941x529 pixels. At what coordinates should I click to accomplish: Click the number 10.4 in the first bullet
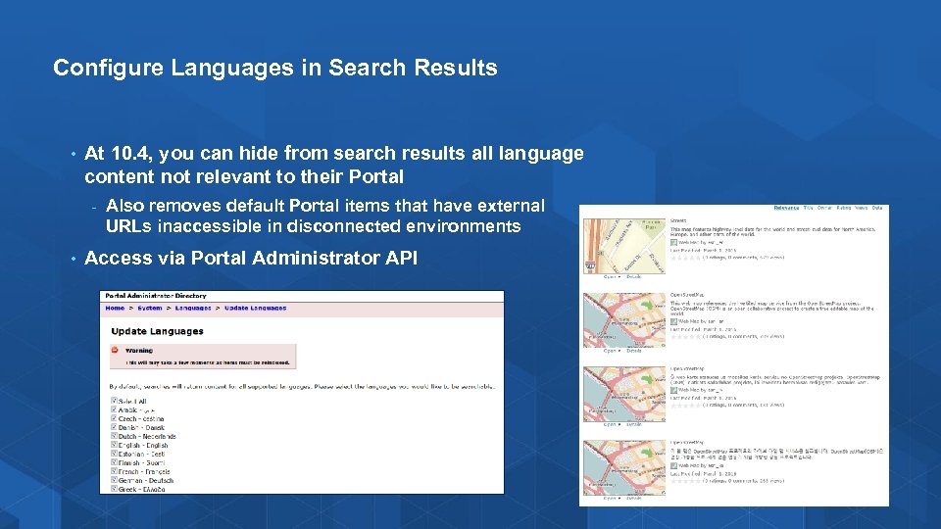coord(132,154)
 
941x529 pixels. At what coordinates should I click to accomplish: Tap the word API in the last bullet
coord(399,259)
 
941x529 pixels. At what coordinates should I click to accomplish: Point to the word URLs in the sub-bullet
coord(128,226)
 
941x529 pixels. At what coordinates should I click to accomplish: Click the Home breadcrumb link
coord(116,309)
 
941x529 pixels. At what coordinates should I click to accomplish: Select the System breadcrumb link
coord(150,309)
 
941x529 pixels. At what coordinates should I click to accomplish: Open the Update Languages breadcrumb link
coord(255,309)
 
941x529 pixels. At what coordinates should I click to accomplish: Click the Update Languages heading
coord(157,331)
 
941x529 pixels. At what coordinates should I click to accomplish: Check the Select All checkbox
coord(115,401)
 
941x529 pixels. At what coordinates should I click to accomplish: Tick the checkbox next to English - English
coord(115,446)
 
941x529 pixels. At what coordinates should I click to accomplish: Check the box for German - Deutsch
coord(115,481)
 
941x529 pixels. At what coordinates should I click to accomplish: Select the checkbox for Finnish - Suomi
coord(115,463)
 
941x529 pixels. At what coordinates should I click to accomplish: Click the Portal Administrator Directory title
coord(156,296)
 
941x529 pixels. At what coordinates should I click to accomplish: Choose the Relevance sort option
coord(786,208)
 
